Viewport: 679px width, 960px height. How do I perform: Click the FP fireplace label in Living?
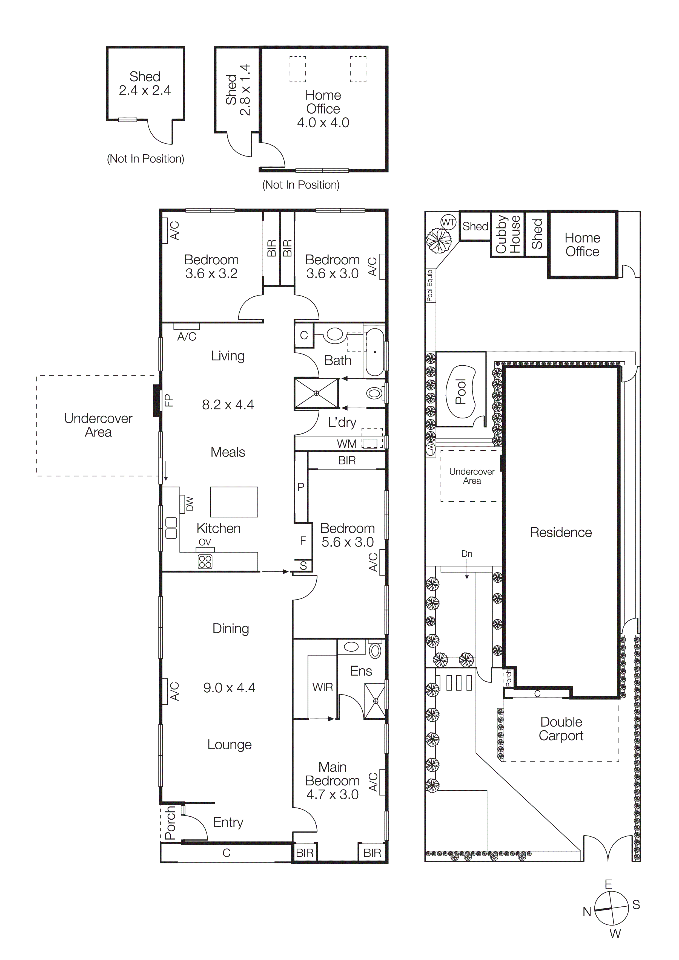click(x=168, y=401)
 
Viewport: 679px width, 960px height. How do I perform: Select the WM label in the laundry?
click(x=347, y=444)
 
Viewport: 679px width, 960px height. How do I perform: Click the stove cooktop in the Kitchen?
click(x=205, y=562)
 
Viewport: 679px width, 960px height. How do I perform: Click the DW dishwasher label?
click(x=190, y=504)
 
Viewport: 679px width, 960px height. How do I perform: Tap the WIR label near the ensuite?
click(x=323, y=687)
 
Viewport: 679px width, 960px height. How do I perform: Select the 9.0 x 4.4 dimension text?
click(x=229, y=688)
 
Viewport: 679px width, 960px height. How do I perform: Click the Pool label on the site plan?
click(x=461, y=392)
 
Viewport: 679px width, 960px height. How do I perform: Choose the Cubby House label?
click(x=508, y=234)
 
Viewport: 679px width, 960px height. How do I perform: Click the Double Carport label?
click(x=561, y=729)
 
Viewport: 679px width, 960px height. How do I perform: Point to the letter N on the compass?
click(x=587, y=912)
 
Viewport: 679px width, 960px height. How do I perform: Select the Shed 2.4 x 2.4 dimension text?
click(x=145, y=90)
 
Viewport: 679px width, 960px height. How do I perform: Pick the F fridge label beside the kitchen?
click(x=303, y=541)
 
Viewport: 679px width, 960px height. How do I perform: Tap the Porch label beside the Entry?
click(x=170, y=823)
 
